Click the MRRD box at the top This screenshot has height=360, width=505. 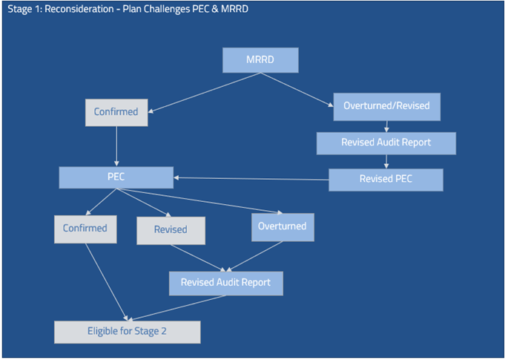(260, 60)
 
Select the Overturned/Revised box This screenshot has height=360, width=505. (386, 105)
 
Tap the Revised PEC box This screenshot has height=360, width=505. (386, 180)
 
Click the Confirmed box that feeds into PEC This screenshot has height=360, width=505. (116, 112)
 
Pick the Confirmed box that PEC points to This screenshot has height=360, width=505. (85, 229)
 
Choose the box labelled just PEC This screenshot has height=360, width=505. (116, 177)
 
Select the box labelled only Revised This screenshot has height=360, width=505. (171, 230)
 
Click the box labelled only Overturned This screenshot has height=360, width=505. (283, 226)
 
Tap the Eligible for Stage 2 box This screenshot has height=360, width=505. (127, 331)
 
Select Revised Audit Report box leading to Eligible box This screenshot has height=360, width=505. (225, 283)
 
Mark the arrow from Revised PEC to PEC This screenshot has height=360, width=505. (252, 178)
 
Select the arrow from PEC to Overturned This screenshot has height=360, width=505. (200, 201)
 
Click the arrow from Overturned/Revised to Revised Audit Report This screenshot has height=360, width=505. (386, 126)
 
